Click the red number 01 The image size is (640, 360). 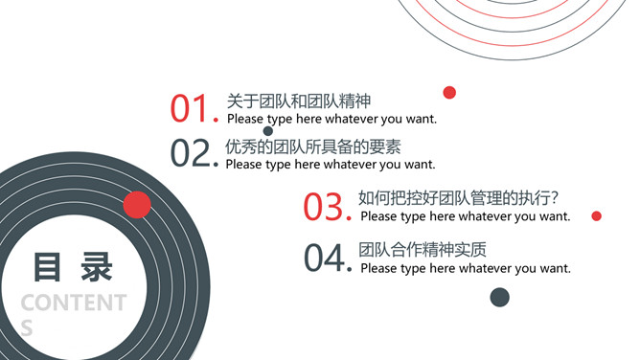tap(189, 108)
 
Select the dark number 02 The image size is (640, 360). tap(191, 153)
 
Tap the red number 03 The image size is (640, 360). tap(323, 207)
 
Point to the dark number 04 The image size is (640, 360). tap(325, 258)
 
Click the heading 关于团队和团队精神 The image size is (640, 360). tap(299, 101)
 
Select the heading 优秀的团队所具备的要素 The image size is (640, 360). tap(313, 146)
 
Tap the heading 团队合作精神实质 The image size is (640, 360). tap(423, 250)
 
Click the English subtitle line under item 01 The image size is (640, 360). tap(331, 119)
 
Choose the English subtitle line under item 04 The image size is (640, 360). tap(466, 268)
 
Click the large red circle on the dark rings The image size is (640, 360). tap(137, 205)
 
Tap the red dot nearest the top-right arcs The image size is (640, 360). tap(449, 93)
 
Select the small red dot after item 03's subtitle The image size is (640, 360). tap(596, 216)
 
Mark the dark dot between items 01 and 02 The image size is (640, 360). tap(268, 131)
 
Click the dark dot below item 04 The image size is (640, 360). tap(499, 297)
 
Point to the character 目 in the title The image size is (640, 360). tap(47, 267)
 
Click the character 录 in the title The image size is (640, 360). tap(97, 267)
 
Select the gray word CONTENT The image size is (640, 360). tap(74, 303)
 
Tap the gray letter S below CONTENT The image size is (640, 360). tap(27, 327)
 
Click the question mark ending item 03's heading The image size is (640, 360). tap(554, 198)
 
